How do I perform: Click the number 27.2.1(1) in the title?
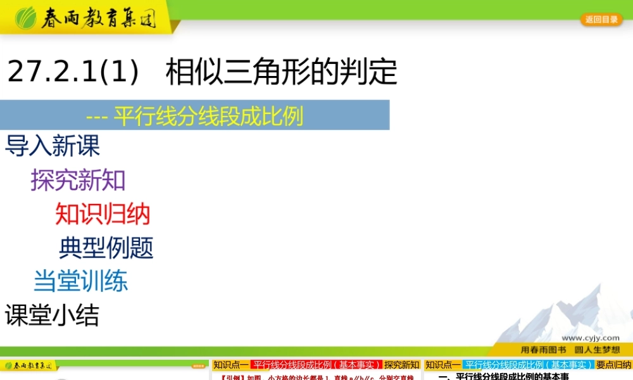tap(73, 72)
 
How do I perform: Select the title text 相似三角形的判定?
tap(281, 72)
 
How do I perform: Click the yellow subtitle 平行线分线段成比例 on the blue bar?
tap(208, 116)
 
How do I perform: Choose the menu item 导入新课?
tap(53, 146)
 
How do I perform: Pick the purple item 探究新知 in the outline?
tap(78, 180)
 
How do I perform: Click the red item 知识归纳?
tap(103, 214)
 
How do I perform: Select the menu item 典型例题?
tap(106, 248)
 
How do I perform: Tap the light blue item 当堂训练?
tap(80, 281)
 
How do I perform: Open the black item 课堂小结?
tap(52, 315)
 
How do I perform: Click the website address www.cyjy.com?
tap(590, 338)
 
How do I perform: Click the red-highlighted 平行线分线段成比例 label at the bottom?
tap(316, 365)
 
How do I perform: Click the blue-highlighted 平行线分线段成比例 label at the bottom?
tap(528, 365)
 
